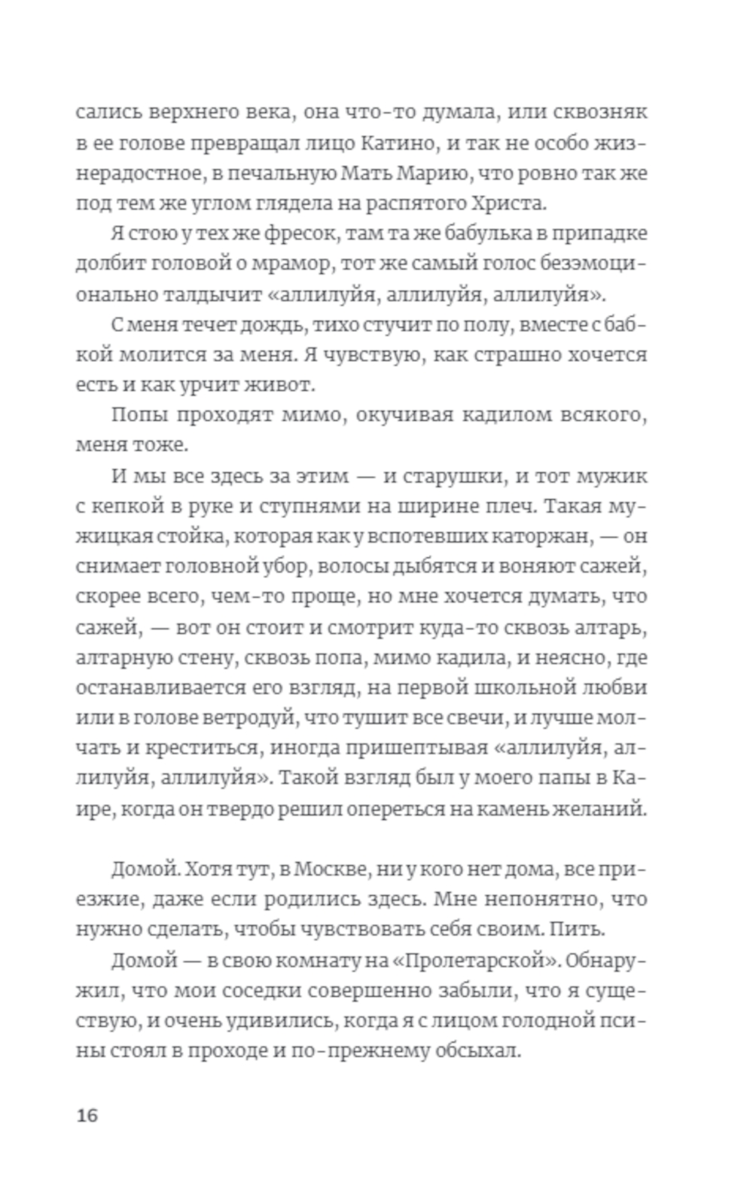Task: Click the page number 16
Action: click(x=87, y=1114)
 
